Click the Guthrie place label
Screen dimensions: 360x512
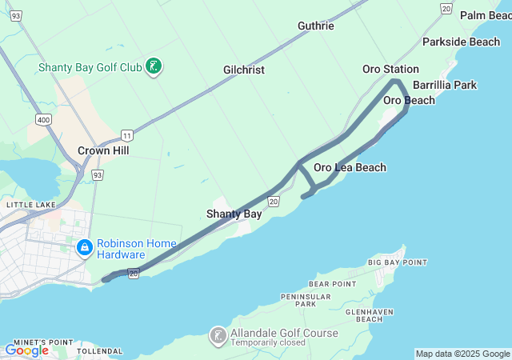pos(315,26)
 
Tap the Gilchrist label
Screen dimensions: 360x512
pos(243,70)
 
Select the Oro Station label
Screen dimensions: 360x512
pos(390,69)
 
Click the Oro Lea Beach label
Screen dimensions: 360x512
pos(350,167)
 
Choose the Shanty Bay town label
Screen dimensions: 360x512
pos(234,214)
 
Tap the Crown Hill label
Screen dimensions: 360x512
pos(103,150)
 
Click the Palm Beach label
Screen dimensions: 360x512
pos(486,15)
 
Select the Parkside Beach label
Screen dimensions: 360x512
pos(461,42)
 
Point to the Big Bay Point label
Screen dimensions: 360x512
pos(398,262)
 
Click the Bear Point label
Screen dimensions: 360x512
pos(332,284)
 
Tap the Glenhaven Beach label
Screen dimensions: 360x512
pos(369,314)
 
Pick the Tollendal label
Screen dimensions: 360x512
pos(99,351)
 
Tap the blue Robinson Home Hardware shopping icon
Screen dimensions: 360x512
pos(84,249)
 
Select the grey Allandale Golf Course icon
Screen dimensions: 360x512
pos(218,336)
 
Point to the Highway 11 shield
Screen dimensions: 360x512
pos(126,135)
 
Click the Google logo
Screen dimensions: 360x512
pos(26,350)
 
